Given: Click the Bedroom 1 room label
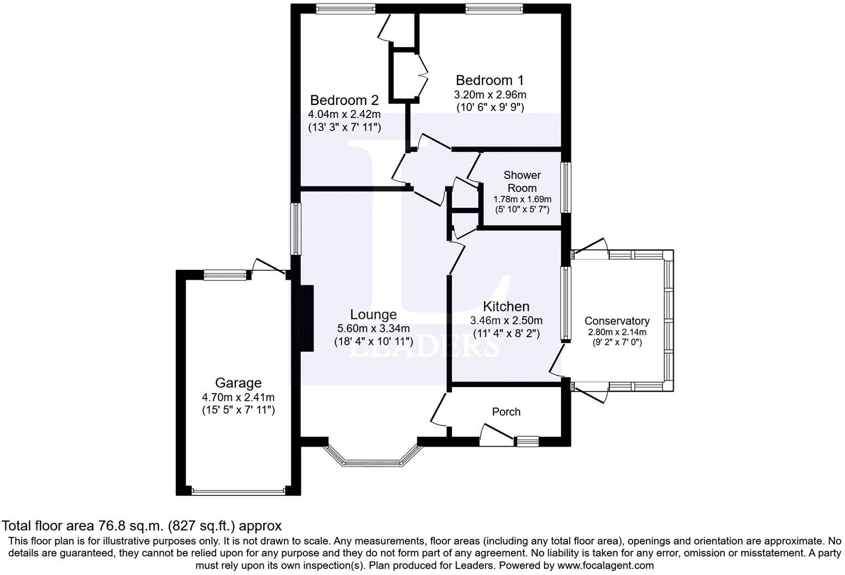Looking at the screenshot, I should (489, 81).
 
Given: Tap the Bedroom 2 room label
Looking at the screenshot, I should (344, 101).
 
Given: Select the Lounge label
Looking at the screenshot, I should (373, 315).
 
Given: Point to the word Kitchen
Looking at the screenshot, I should (506, 306).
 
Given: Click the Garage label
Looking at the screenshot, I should (238, 383).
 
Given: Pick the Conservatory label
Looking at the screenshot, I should (617, 321).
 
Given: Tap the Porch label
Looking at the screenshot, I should (506, 412).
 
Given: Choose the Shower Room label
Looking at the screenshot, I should (522, 181).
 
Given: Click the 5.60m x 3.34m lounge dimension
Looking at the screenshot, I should (373, 328).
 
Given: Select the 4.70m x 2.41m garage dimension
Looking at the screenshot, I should (238, 397).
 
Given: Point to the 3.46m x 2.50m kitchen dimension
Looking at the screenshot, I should (506, 320).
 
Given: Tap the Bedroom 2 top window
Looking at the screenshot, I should (346, 8).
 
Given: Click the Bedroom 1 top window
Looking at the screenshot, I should (494, 8).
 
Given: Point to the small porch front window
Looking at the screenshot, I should (527, 441).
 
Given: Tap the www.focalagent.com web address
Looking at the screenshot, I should (606, 566).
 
